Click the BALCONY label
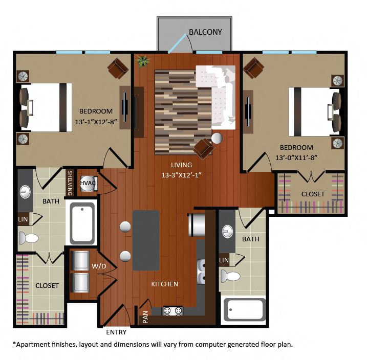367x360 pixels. click(205, 32)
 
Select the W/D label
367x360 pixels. click(99, 266)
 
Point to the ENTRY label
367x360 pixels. click(116, 332)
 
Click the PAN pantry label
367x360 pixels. click(145, 317)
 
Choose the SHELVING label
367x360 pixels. click(70, 183)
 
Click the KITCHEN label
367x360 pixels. click(164, 284)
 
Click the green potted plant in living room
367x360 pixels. click(142, 62)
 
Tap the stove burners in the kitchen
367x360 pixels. click(172, 310)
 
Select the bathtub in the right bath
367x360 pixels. click(244, 310)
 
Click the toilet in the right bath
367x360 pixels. click(231, 277)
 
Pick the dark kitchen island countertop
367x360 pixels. click(146, 240)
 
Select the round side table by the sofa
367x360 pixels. click(218, 139)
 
